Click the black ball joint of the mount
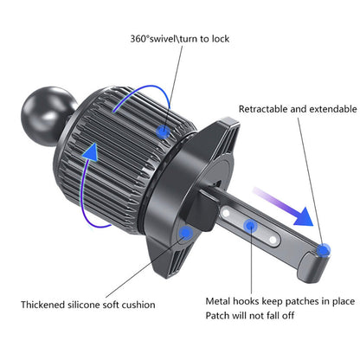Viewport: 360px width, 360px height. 48,116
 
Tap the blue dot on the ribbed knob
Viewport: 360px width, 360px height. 164,132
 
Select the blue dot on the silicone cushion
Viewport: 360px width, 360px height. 186,233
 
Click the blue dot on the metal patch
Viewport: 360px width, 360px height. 251,226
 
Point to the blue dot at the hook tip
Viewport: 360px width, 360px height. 324,250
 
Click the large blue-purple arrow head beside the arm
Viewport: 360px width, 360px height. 304,217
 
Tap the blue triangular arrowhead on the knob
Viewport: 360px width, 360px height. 92,151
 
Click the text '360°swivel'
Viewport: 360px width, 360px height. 153,39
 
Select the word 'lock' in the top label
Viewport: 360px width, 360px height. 220,39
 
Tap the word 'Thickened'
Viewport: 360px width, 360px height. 42,305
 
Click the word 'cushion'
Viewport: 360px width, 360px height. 138,305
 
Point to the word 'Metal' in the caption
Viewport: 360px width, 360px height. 218,301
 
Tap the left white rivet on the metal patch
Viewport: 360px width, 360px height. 227,214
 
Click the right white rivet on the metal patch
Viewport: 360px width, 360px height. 273,240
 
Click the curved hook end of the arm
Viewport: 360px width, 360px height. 313,266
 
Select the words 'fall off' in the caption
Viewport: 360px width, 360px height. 280,315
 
